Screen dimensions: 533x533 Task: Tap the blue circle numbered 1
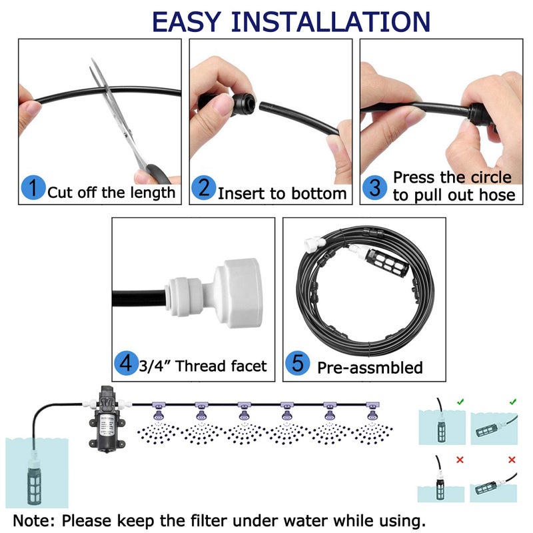(33, 189)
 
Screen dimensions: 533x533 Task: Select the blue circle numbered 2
(204, 189)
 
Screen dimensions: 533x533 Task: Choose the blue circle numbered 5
(297, 364)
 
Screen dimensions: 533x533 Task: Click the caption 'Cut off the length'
(111, 193)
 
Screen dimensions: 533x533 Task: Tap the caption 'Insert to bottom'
(282, 193)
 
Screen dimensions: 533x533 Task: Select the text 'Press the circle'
(452, 177)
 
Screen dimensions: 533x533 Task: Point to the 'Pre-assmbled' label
(370, 367)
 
